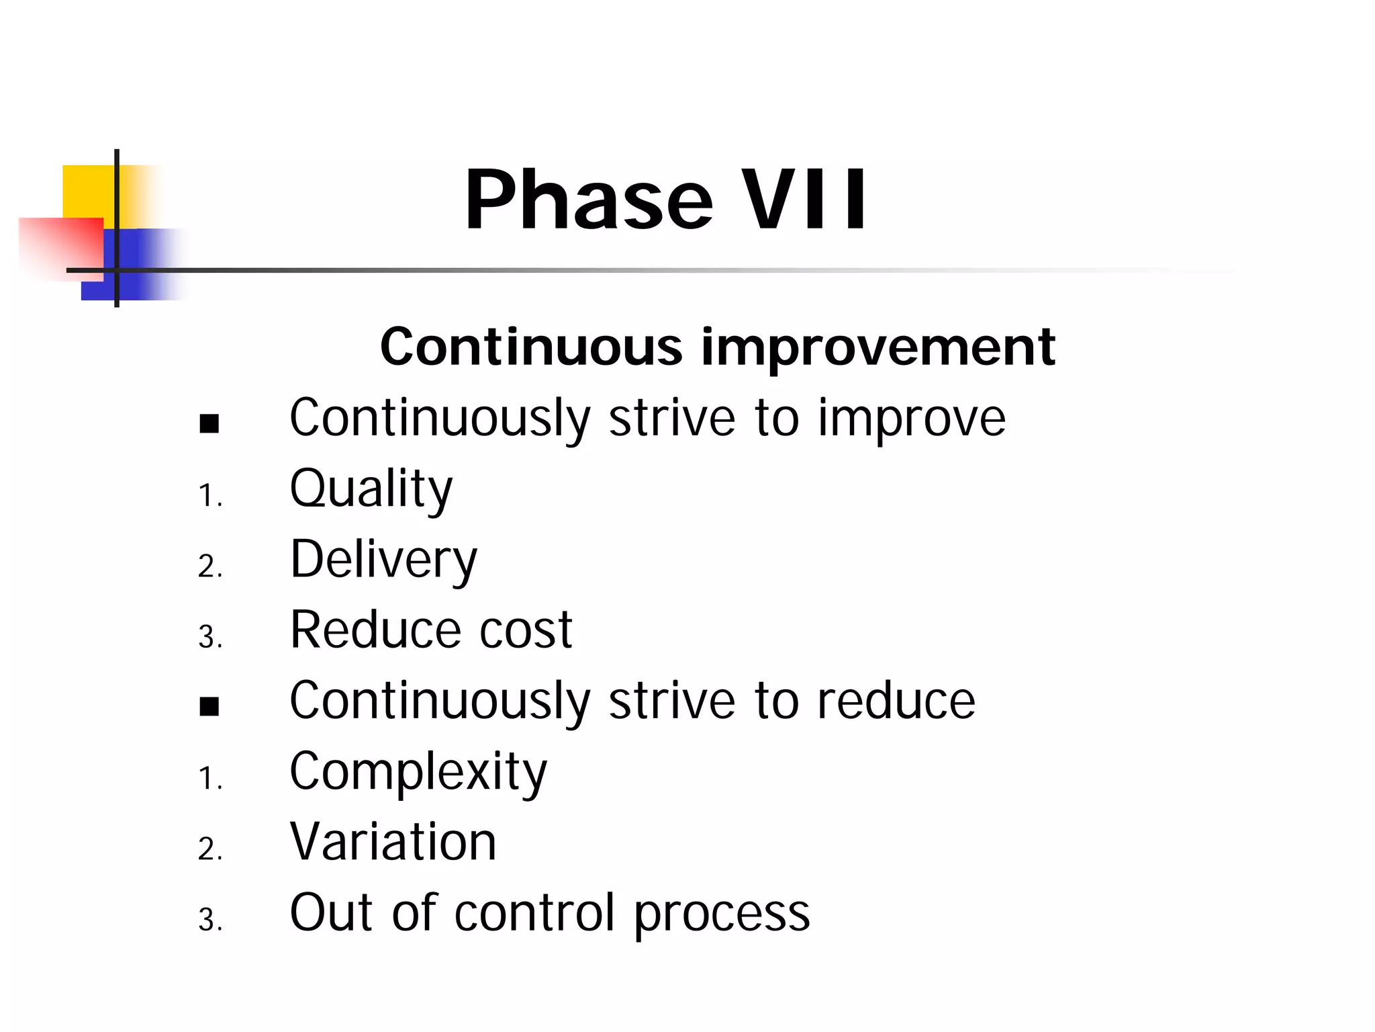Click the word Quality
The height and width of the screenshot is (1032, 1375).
[x=371, y=488]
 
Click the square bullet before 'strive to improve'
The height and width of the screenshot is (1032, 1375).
[x=209, y=424]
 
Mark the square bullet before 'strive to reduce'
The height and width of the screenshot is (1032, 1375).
[x=209, y=707]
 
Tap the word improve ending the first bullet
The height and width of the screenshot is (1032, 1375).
[x=911, y=419]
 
